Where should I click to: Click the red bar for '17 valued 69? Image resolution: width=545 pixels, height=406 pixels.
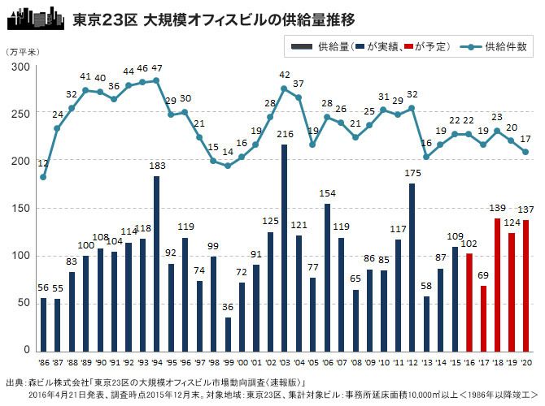483,317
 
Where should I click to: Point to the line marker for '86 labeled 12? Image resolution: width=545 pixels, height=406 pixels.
43,177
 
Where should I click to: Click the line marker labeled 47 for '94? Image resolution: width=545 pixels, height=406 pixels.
156,80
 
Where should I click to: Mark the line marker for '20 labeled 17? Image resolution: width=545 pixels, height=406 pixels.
525,152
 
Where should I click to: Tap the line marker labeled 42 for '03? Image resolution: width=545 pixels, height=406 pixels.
284,89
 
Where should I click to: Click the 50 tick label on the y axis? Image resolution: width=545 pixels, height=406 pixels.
23,303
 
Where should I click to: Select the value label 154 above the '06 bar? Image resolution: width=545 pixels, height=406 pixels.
327,192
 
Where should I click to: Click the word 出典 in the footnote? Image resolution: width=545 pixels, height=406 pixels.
14,381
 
